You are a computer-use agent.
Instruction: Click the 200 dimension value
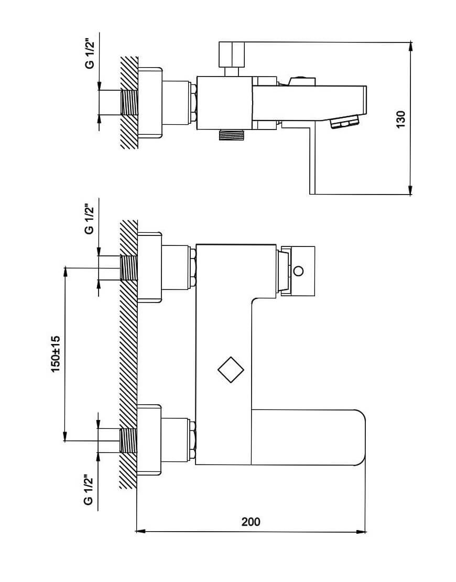pos(251,522)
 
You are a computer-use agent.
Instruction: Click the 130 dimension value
pos(401,119)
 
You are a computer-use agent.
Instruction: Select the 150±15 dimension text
pos(56,354)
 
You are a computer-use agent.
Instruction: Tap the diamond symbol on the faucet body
pos(231,370)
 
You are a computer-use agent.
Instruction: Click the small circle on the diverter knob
pos(298,271)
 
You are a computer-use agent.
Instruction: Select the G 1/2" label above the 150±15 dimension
pos(89,219)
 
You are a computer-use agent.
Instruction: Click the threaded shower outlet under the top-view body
pos(232,135)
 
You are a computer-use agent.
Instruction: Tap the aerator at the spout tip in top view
pos(345,121)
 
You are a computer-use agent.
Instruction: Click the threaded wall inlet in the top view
pos(129,103)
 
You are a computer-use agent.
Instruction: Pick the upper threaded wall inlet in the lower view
pos(129,267)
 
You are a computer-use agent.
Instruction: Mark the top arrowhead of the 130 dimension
pos(410,47)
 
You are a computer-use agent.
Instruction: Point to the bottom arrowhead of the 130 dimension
pos(410,190)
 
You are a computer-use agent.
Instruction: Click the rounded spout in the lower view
pos(308,437)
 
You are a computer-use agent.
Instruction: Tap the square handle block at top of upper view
pos(232,54)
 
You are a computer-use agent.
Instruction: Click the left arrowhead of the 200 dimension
pos(140,532)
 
